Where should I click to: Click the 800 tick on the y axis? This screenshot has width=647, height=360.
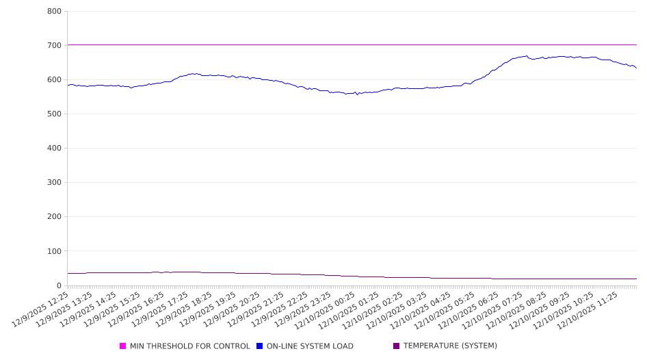pos(54,12)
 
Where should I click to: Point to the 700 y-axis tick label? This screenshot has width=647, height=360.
pos(54,46)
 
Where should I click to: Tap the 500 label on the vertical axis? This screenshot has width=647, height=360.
pos(54,114)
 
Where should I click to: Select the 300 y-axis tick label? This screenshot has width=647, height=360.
pos(54,183)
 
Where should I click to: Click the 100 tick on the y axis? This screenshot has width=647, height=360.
pos(54,251)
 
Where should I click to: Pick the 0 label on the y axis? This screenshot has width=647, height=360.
pos(59,285)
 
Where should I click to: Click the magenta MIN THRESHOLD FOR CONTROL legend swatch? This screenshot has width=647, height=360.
pos(123,346)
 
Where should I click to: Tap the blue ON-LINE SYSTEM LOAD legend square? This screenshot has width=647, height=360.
pos(260,346)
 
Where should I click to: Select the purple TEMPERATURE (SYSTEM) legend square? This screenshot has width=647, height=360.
pos(397,346)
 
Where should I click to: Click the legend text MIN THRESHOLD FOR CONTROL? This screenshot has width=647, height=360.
pos(189,346)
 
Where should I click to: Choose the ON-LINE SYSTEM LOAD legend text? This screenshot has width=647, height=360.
pos(310,346)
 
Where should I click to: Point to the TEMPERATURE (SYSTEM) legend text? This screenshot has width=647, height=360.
pos(450,346)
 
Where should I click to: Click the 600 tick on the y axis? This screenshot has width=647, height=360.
pos(54,80)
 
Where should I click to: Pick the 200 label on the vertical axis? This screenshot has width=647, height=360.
pos(54,217)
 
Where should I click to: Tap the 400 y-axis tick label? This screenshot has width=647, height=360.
pos(54,149)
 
